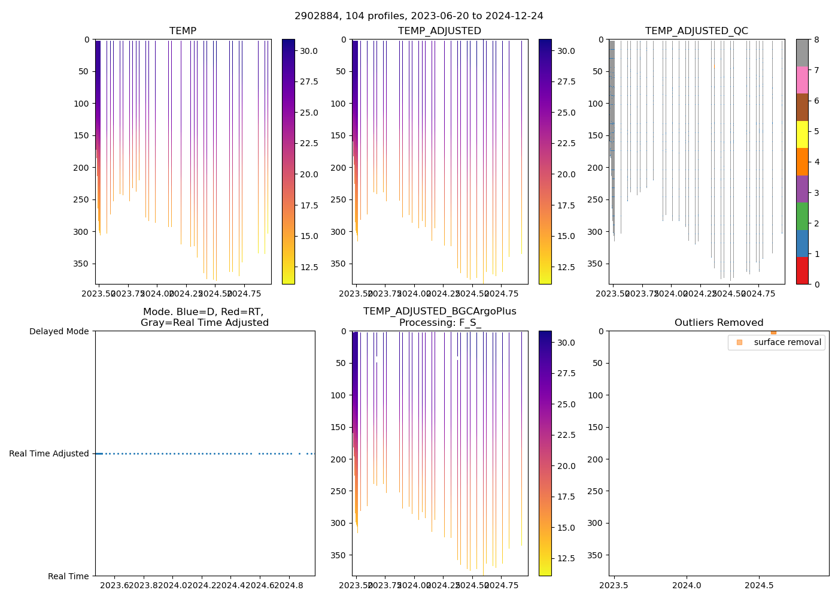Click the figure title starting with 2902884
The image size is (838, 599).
click(419, 16)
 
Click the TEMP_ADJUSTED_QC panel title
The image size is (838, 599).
click(696, 31)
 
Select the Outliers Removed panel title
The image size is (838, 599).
click(718, 323)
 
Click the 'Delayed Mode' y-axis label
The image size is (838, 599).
click(59, 331)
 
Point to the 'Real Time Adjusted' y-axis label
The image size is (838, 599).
click(49, 453)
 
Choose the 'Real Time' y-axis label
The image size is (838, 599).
click(68, 576)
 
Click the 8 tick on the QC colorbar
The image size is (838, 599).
click(816, 40)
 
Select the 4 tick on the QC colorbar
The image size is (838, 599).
click(816, 162)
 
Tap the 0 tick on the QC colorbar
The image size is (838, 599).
click(816, 284)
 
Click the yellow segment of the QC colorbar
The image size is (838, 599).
click(802, 134)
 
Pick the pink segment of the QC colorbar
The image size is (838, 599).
click(802, 80)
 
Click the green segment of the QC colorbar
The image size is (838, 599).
click(802, 216)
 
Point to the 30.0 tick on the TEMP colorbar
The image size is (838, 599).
click(309, 52)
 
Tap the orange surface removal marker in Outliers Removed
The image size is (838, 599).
click(773, 332)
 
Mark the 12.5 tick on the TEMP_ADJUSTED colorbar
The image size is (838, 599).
click(566, 267)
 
